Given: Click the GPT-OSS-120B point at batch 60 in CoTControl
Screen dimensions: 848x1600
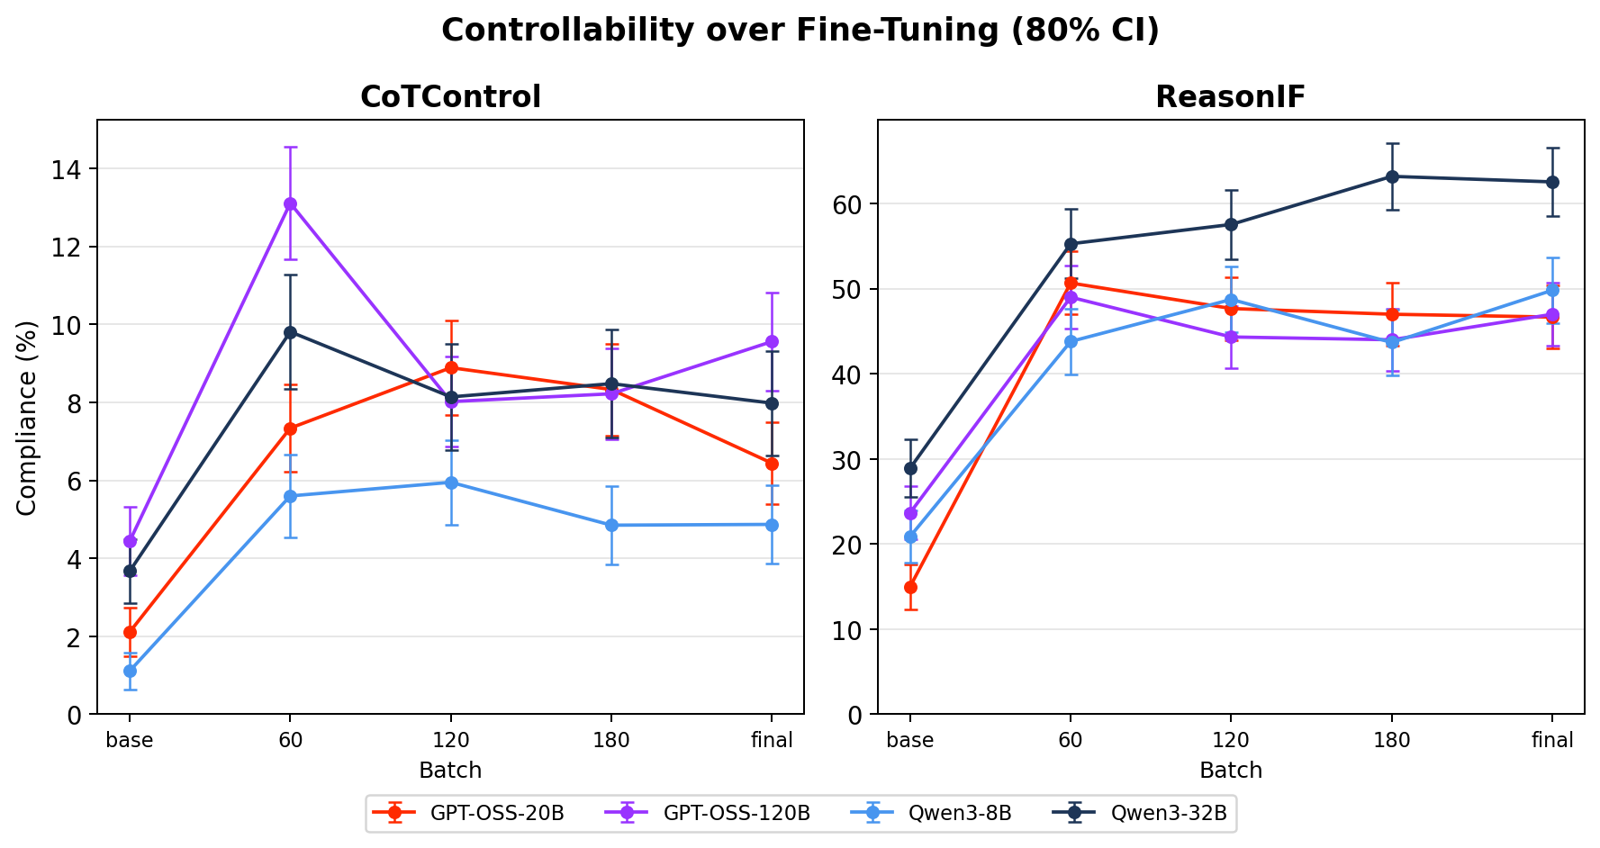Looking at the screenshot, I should point(290,203).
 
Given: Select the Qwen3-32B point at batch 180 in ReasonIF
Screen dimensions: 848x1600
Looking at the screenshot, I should point(1392,176).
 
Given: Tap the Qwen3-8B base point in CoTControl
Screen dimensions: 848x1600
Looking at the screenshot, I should point(130,671).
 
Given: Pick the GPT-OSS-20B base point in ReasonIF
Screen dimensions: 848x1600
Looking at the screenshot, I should point(910,587).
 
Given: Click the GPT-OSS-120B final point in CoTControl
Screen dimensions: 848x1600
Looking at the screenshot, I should point(772,341).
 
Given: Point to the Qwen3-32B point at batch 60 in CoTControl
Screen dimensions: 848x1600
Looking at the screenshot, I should point(290,332).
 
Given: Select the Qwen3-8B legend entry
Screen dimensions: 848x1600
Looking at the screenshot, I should point(960,813).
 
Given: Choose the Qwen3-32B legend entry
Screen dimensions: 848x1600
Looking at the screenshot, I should point(1169,813).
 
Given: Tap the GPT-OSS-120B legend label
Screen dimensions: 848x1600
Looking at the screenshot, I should point(737,813).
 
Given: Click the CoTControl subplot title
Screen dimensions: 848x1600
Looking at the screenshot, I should point(450,97).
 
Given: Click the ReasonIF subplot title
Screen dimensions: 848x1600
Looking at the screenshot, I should point(1230,97).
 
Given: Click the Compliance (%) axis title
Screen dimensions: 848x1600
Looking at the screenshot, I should point(27,418).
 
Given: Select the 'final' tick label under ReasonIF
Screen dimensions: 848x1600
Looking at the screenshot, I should point(1552,741).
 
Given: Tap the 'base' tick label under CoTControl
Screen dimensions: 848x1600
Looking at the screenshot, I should point(130,741).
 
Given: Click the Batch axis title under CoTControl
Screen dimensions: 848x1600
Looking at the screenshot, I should point(450,771).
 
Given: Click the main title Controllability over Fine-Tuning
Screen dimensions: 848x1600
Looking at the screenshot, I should point(800,31).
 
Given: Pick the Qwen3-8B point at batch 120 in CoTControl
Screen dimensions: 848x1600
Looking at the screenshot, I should point(451,483).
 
